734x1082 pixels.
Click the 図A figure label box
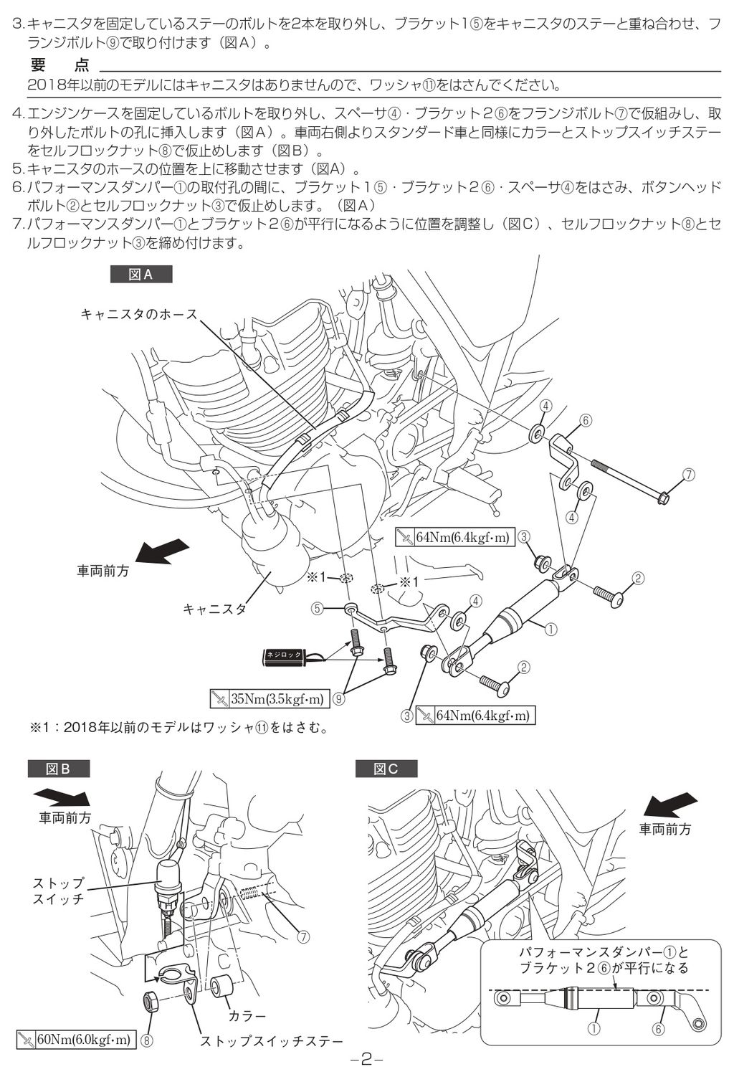[140, 275]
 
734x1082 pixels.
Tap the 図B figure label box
[59, 769]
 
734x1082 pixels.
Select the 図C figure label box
[386, 769]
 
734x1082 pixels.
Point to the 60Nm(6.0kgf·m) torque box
[75, 1039]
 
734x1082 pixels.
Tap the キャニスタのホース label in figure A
[138, 313]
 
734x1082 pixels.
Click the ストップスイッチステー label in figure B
[272, 1040]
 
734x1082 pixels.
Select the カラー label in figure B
[247, 1015]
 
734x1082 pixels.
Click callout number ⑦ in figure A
[689, 475]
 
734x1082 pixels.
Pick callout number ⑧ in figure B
[147, 1039]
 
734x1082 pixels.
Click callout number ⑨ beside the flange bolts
[338, 698]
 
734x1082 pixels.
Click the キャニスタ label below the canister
[214, 609]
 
